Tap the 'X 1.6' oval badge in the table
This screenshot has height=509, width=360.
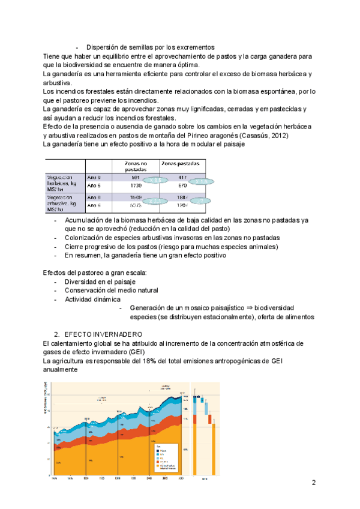pos(200,181)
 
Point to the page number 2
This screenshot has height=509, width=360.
pos(314,483)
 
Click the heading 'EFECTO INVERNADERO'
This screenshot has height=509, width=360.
pos(103,334)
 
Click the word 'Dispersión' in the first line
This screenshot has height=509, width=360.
pos(103,47)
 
